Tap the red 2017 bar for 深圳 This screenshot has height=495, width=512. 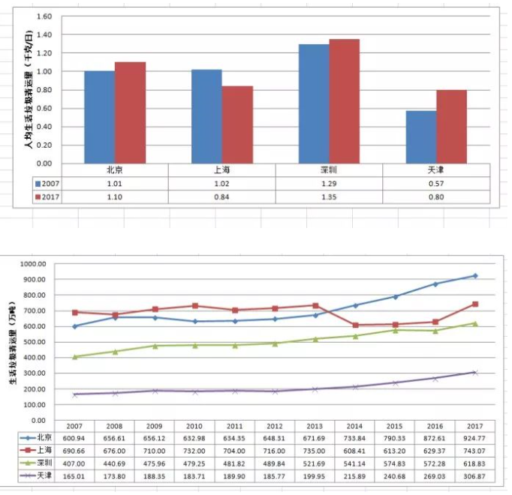pyautogui.click(x=344, y=101)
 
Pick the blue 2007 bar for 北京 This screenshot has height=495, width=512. pyautogui.click(x=99, y=117)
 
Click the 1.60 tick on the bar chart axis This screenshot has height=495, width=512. pyautogui.click(x=44, y=16)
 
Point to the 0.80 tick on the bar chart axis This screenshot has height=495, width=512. pyautogui.click(x=44, y=90)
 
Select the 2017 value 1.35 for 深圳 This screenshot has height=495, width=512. pyautogui.click(x=329, y=197)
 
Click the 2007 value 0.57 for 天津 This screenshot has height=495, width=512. pyautogui.click(x=436, y=183)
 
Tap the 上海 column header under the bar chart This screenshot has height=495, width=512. pyautogui.click(x=221, y=169)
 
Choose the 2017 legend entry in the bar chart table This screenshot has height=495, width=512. pyautogui.click(x=50, y=197)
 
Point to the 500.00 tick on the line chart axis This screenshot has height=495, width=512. pyautogui.click(x=33, y=342)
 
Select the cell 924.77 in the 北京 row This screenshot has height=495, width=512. pyautogui.click(x=474, y=437)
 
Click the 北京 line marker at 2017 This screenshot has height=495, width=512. pyautogui.click(x=474, y=276)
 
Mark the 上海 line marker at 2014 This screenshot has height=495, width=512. pyautogui.click(x=357, y=325)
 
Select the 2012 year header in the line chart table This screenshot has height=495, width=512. pyautogui.click(x=277, y=424)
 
